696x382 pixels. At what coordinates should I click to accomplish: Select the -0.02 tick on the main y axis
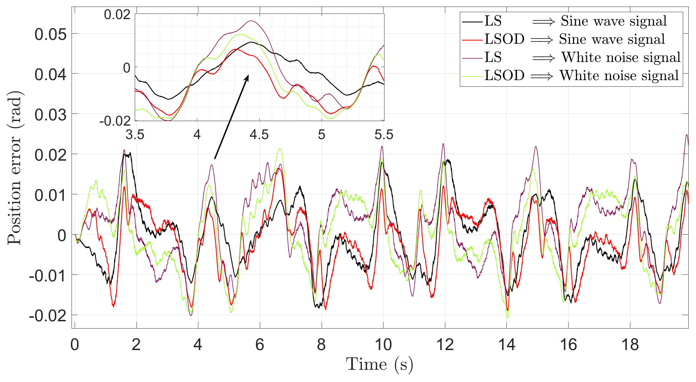tap(48, 316)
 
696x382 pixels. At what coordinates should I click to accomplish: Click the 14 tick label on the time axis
tap(506, 345)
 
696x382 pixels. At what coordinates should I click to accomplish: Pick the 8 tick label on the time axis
tap(321, 345)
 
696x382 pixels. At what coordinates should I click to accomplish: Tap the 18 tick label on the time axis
tap(630, 345)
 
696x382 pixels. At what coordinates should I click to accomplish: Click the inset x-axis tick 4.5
tap(259, 135)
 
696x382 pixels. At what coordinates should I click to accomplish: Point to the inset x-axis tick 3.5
tap(135, 135)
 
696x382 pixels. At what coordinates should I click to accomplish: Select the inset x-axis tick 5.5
tap(384, 135)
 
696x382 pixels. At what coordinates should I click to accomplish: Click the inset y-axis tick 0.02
tap(117, 15)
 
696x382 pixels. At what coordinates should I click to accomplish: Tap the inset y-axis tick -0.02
tap(115, 121)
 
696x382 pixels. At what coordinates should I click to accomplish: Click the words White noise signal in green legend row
tap(619, 76)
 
